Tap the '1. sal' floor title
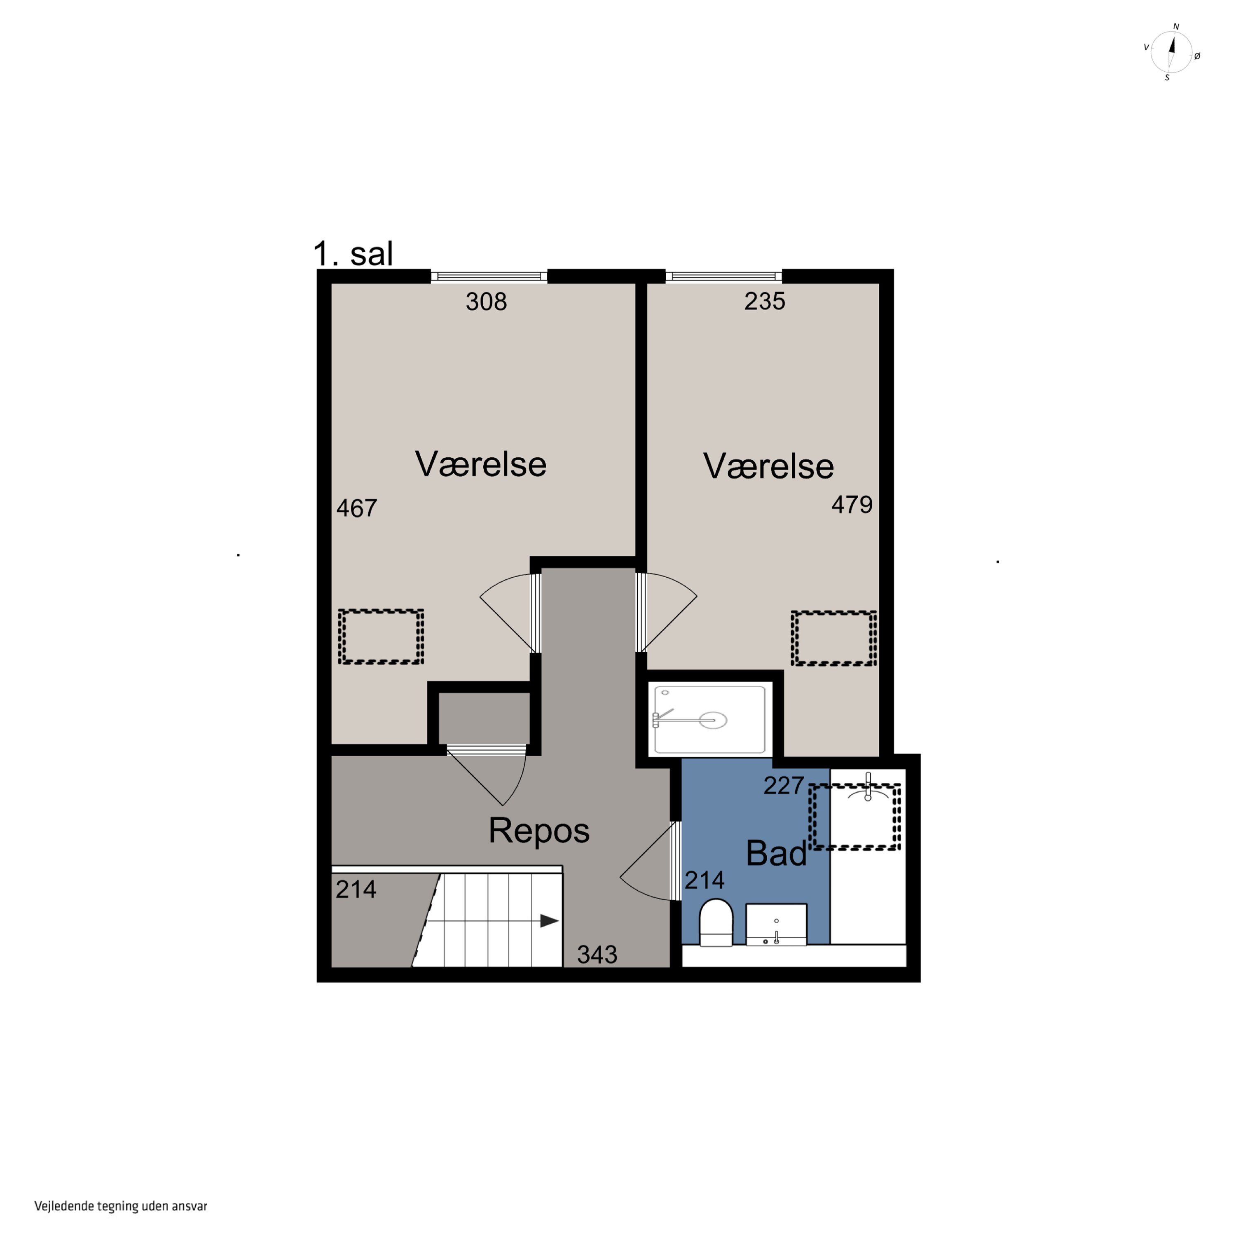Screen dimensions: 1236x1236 pyautogui.click(x=353, y=253)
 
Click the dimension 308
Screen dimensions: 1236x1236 pyautogui.click(x=486, y=301)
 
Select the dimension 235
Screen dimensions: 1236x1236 pyautogui.click(x=765, y=301)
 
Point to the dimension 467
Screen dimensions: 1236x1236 pyautogui.click(x=357, y=508)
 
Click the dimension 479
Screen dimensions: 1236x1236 pyautogui.click(x=852, y=505)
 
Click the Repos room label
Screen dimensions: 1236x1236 pyautogui.click(x=538, y=831)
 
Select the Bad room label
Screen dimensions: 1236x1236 pyautogui.click(x=777, y=853)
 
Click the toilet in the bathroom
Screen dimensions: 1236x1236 pyautogui.click(x=716, y=922)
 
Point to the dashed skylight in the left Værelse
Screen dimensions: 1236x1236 pyautogui.click(x=381, y=637)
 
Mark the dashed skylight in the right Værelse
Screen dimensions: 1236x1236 pyautogui.click(x=833, y=639)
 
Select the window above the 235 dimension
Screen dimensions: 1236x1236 pyautogui.click(x=723, y=276)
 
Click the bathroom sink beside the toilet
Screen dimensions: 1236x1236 pyautogui.click(x=776, y=925)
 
